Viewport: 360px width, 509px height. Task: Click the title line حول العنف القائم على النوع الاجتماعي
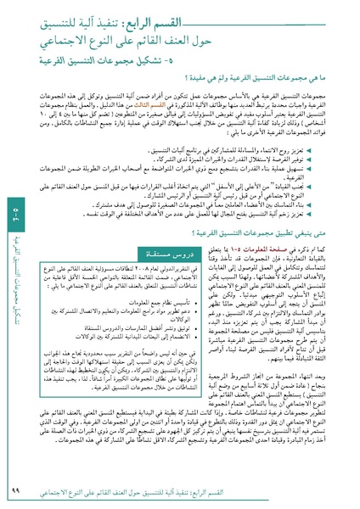234,40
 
